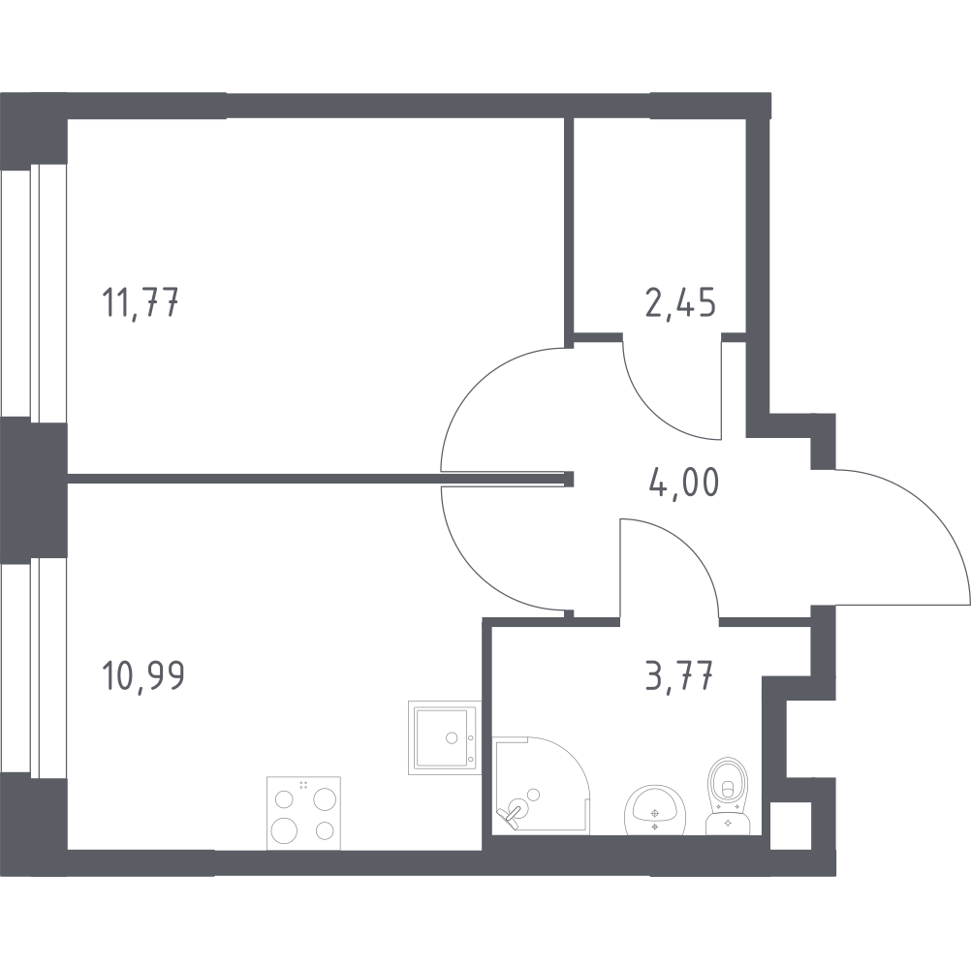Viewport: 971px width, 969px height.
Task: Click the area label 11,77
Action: coord(140,304)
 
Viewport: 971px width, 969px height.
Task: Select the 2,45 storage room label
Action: coord(680,303)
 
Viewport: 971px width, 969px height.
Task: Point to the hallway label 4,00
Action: coord(684,482)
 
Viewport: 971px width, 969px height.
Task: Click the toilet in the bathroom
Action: coord(729,797)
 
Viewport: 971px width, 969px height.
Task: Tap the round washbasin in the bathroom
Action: coord(654,810)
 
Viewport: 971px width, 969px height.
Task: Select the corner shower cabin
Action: coord(542,785)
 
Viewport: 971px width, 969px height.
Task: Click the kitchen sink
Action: coord(444,737)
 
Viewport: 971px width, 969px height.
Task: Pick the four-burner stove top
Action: coord(303,813)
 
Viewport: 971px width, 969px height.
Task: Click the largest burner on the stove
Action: coord(284,828)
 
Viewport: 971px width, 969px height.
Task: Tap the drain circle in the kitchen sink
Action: coord(452,737)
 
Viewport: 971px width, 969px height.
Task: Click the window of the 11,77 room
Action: coord(34,291)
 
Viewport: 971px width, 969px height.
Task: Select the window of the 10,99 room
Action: coord(34,667)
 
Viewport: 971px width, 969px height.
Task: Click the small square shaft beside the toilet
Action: coord(790,826)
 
